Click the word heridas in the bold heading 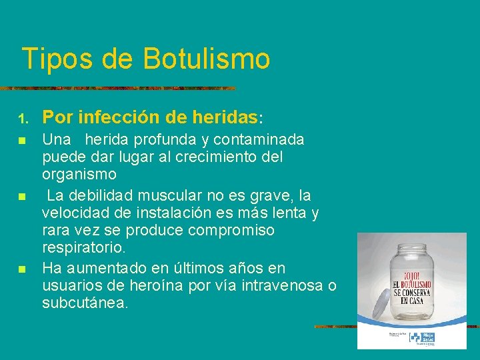tap(224, 118)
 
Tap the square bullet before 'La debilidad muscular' tap(22, 197)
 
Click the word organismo tap(79, 175)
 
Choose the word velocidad tap(73, 213)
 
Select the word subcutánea tap(85, 303)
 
